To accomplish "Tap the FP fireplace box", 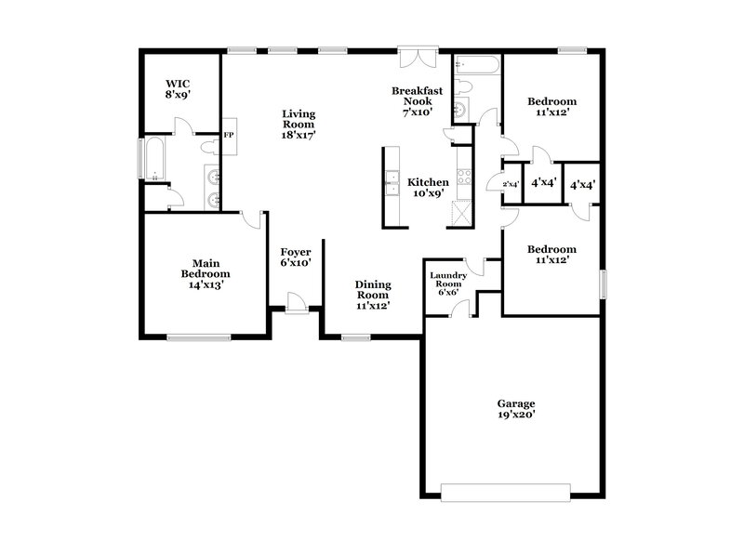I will (x=229, y=136).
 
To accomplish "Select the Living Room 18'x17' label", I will (x=299, y=124).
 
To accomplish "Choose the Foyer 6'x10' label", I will (x=296, y=257).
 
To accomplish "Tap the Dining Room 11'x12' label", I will (x=372, y=294).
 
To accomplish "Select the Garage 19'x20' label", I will (x=515, y=410).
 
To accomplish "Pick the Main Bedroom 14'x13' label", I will (x=205, y=274).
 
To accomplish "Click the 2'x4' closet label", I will (x=511, y=185).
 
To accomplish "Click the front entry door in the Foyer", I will (x=296, y=305).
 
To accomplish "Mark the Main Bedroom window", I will (x=198, y=336).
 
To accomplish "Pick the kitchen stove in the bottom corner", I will (x=459, y=213).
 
